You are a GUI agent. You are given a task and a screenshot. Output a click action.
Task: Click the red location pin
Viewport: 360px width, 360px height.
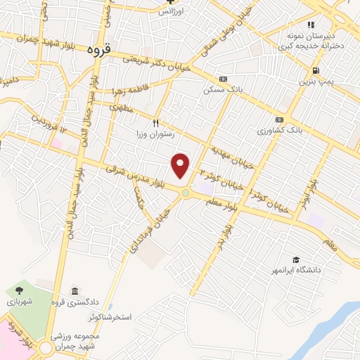[181, 165]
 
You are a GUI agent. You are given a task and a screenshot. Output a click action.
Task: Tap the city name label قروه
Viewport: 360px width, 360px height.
[100, 50]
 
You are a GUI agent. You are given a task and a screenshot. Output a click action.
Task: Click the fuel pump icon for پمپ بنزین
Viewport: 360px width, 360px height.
[314, 70]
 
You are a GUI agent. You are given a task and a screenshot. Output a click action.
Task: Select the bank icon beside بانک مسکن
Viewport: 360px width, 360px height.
[223, 79]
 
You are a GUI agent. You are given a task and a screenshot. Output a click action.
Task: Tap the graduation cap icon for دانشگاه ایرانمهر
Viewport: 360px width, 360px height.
[296, 259]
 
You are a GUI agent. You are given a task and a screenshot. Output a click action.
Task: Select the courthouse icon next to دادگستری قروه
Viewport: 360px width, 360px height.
[75, 291]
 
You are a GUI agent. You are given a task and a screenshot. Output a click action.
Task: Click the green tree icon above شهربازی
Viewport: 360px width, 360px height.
[19, 289]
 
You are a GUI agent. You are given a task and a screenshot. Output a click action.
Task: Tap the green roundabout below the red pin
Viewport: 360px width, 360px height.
[186, 193]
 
